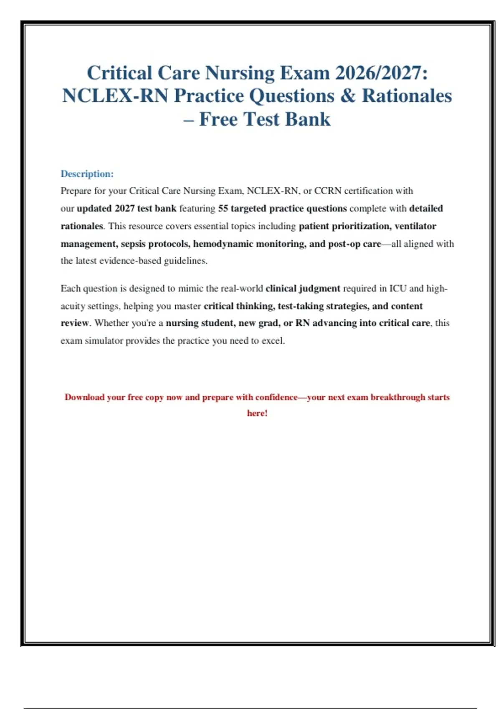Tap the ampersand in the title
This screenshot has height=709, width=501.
click(x=347, y=96)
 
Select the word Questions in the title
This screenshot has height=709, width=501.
click(x=292, y=96)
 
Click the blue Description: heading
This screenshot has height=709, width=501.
click(x=87, y=173)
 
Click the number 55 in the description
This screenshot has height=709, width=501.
click(x=223, y=208)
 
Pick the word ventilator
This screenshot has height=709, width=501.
click(x=415, y=226)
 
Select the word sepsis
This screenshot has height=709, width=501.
click(x=133, y=244)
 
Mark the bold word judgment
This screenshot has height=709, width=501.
click(x=319, y=288)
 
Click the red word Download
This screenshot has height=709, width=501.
click(x=84, y=397)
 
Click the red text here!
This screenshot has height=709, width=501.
click(x=257, y=413)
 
